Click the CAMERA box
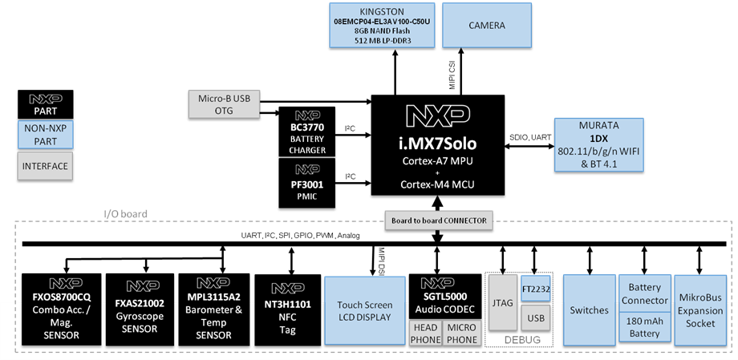click(x=487, y=25)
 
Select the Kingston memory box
click(x=382, y=24)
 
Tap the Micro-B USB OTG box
click(x=224, y=104)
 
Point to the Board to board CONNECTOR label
click(x=439, y=220)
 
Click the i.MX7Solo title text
click(x=438, y=145)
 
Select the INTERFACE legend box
click(x=45, y=167)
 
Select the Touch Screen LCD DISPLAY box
click(x=364, y=311)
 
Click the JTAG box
click(x=501, y=302)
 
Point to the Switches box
click(x=588, y=310)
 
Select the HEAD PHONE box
click(x=425, y=333)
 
